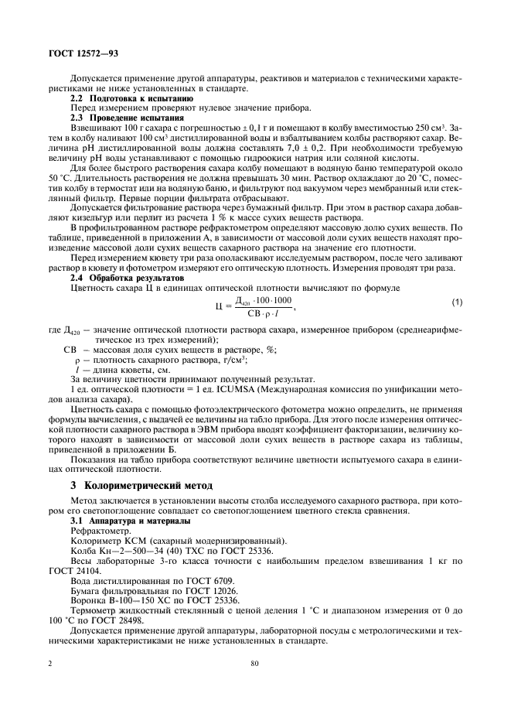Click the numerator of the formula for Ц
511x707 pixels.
click(x=263, y=300)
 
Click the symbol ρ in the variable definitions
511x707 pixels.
click(x=77, y=360)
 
